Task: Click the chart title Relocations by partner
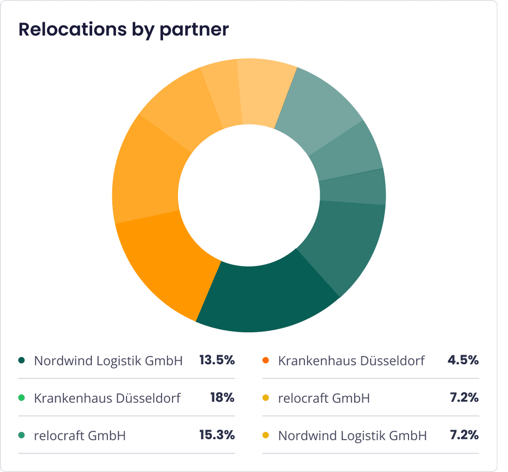coord(123,29)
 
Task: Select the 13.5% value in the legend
coord(216,361)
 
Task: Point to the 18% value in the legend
coord(222,398)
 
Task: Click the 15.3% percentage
coord(216,435)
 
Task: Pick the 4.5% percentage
coord(463,361)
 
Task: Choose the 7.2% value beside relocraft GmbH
coord(464,398)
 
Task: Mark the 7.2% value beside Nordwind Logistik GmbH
coord(464,435)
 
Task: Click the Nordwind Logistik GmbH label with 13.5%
coord(108,361)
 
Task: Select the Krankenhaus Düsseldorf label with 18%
coord(107,398)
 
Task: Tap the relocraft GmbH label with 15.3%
coord(79,436)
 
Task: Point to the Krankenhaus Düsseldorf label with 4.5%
coord(351,361)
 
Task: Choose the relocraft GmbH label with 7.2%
coord(324,398)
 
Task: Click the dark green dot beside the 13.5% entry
coord(21,361)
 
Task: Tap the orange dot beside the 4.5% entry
coord(265,361)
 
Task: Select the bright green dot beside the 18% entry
coord(21,398)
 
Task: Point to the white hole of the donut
coord(249,195)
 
